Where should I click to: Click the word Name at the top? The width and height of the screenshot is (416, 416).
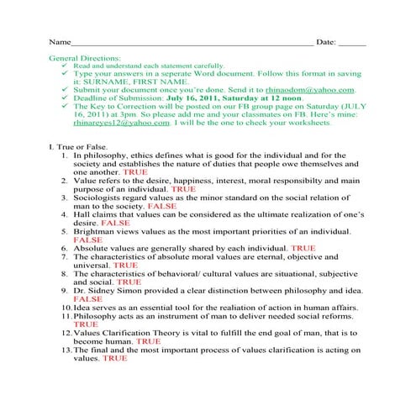58,41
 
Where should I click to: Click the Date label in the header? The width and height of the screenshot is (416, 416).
328,41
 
